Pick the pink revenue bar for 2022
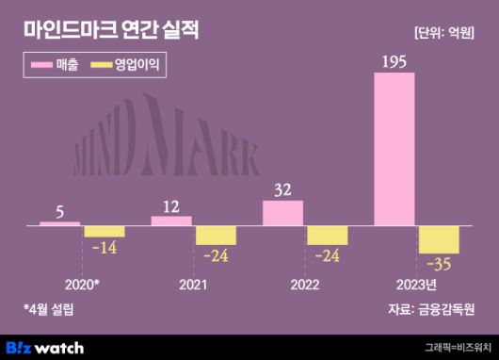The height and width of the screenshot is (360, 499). click(282, 214)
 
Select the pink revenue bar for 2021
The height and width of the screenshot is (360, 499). click(171, 221)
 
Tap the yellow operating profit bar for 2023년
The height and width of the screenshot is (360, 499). click(439, 239)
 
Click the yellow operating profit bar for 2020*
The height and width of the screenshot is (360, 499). click(105, 232)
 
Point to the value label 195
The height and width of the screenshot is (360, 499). click(394, 61)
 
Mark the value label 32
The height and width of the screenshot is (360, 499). click(282, 189)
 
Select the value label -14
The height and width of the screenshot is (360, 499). click(105, 247)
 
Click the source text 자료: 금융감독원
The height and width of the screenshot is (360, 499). click(430, 309)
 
